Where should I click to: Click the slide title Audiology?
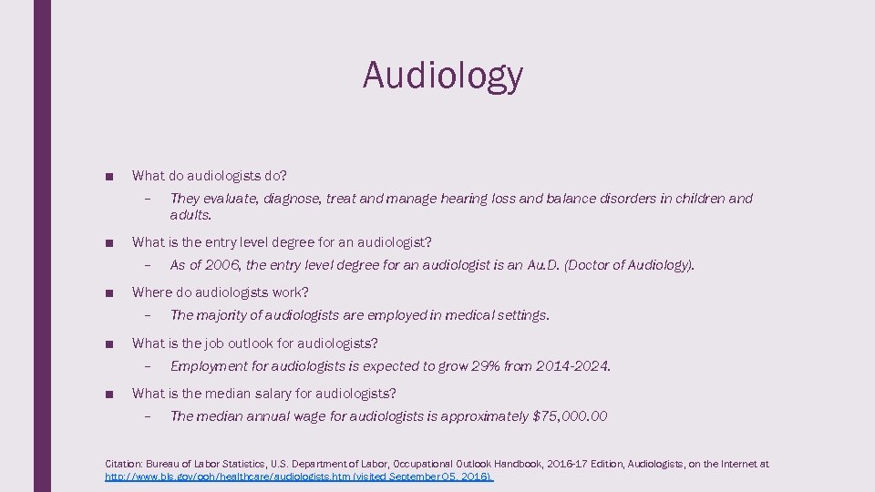443,75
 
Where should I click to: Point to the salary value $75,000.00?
570,416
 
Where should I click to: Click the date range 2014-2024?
571,366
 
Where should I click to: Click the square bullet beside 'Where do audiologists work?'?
108,293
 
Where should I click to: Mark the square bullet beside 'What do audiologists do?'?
108,176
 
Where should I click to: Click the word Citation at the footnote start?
125,464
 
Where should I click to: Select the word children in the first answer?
700,199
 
